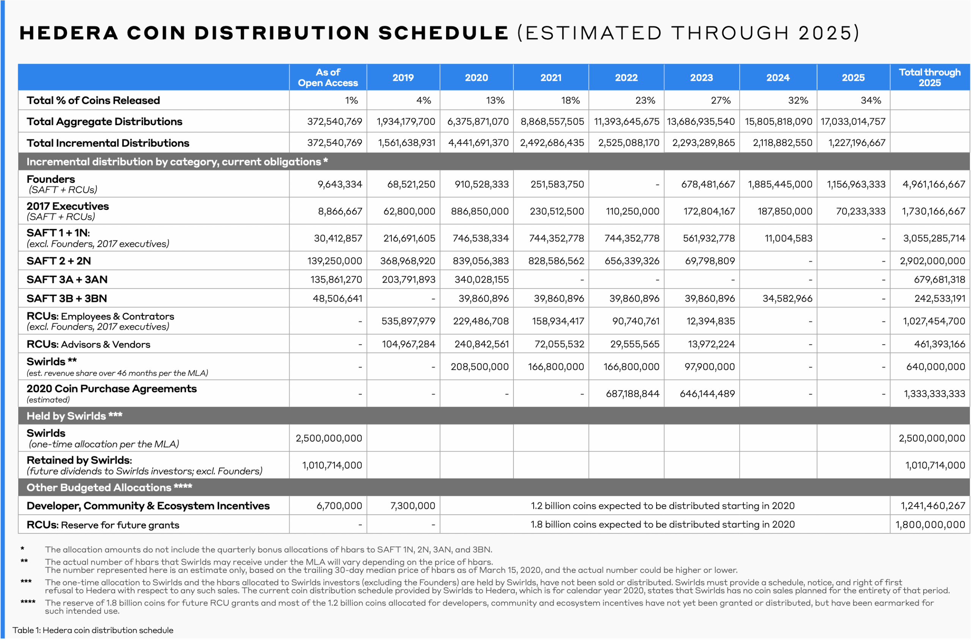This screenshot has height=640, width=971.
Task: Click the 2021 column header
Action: point(551,77)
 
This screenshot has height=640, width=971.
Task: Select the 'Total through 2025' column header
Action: point(929,77)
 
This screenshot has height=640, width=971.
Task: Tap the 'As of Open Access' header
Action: point(328,77)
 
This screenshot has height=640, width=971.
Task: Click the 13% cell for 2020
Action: point(495,101)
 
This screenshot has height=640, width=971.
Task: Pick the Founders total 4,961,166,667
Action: point(933,184)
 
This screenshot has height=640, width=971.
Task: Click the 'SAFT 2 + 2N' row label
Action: point(59,261)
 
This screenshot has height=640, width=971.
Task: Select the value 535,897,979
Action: point(408,321)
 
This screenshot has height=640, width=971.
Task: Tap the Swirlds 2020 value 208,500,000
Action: point(479,367)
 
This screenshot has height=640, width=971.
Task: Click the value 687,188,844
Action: point(632,394)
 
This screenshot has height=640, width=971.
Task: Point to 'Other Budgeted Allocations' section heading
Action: point(109,487)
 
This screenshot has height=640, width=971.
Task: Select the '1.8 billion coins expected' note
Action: point(662,525)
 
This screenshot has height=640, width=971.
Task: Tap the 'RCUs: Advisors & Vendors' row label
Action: point(88,344)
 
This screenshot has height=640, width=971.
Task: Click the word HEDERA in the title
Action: point(69,33)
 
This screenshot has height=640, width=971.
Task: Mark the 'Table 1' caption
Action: point(93,630)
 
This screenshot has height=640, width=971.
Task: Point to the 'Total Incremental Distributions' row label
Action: point(108,143)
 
